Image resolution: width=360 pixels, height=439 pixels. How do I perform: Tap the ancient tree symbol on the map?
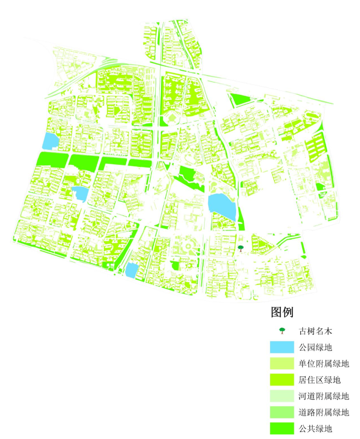coord(240,248)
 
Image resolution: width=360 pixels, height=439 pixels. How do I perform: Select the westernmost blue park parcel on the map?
coord(49,141)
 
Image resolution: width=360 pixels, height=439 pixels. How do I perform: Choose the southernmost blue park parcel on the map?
coord(131,271)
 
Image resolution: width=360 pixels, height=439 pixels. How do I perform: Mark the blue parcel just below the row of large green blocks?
coord(80,193)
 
